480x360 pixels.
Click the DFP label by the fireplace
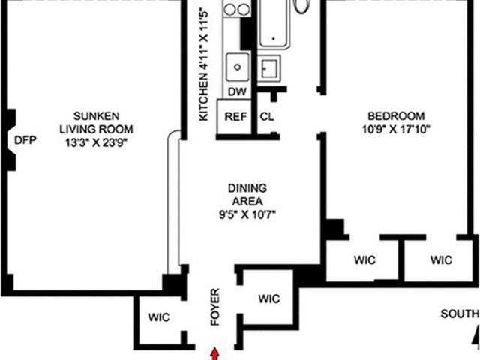tap(25, 140)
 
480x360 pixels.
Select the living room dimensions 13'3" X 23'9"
tap(96, 142)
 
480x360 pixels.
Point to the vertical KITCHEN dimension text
tap(203, 65)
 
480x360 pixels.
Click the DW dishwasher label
tap(237, 91)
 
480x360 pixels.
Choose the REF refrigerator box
tap(234, 117)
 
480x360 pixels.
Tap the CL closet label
tap(267, 117)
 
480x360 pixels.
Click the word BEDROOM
tap(396, 116)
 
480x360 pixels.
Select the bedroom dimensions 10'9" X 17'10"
tap(396, 130)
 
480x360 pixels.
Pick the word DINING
tap(247, 188)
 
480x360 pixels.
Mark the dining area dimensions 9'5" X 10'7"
tap(247, 215)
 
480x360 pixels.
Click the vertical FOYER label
tap(215, 307)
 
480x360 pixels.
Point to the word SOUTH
tap(460, 313)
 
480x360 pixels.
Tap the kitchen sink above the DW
tap(238, 67)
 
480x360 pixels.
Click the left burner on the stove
tap(230, 10)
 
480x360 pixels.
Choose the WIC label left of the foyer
tap(159, 317)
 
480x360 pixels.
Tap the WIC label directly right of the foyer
tap(269, 298)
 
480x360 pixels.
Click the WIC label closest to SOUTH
tap(441, 260)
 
